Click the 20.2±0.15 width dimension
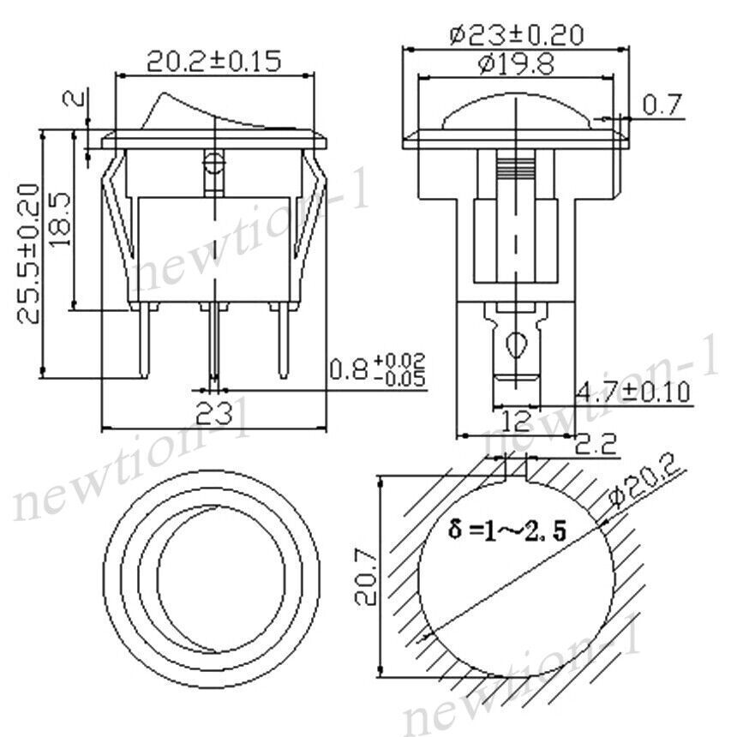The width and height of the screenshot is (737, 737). tap(214, 61)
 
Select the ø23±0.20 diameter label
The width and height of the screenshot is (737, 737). tap(516, 35)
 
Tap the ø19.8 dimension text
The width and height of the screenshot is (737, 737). tap(516, 64)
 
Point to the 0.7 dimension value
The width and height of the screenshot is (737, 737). tap(662, 105)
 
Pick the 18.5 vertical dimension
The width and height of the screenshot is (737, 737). tap(60, 219)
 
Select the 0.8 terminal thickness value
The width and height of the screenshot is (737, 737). tap(348, 369)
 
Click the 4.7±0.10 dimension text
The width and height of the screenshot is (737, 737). tap(632, 392)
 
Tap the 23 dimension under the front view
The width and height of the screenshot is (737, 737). tap(214, 414)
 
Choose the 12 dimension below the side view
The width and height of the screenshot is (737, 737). tap(516, 421)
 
